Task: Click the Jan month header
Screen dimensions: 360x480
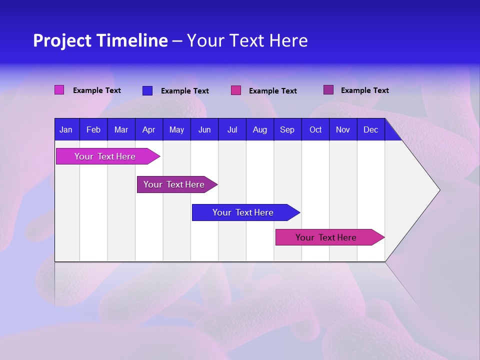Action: point(66,130)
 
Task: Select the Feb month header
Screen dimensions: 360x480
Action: point(93,130)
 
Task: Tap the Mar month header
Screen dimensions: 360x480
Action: point(121,130)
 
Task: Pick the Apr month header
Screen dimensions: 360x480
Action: point(149,130)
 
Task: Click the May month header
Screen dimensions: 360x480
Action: point(176,130)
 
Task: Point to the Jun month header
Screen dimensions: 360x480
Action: point(204,130)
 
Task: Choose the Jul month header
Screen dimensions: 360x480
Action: point(232,130)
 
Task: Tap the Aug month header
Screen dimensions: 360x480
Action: point(260,130)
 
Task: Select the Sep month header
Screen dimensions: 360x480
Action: point(287,130)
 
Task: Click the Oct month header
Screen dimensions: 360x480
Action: point(315,130)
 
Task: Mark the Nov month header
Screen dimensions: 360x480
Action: point(343,130)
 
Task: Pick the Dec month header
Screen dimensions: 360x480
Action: point(371,130)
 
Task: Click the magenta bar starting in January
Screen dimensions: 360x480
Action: point(105,156)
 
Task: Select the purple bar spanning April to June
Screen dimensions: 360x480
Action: point(174,184)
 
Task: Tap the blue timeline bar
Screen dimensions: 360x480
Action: point(243,212)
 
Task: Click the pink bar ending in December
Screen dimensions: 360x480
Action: point(326,237)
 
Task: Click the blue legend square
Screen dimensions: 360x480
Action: point(147,90)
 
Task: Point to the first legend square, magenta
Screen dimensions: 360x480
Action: point(59,90)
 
